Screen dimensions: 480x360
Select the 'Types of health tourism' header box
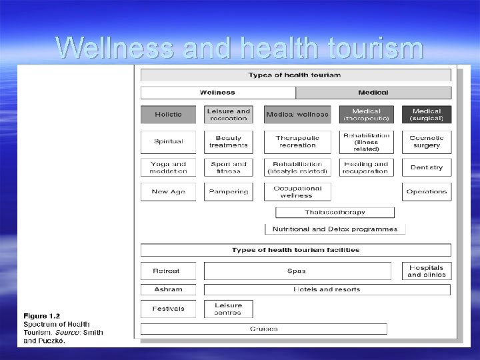pos(295,75)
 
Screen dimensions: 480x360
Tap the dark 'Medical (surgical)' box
pos(427,115)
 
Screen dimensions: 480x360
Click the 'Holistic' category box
pos(168,115)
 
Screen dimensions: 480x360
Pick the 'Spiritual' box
pos(168,141)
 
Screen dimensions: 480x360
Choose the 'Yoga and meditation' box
pos(168,167)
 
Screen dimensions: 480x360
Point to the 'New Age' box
pos(168,192)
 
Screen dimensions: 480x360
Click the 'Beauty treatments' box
pos(229,141)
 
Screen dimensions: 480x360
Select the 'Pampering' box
pos(229,192)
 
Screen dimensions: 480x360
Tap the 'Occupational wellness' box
pos(297,192)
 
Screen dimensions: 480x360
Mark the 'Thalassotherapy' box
pos(335,213)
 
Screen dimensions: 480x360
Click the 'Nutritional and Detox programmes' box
pos(335,229)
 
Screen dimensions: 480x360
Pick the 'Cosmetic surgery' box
pos(427,141)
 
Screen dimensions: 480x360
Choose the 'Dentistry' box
pos(427,167)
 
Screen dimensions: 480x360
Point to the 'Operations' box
pos(427,192)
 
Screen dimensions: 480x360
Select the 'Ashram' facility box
pos(168,290)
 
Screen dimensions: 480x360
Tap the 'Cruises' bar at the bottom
pos(264,329)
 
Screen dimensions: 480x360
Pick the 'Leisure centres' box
pos(229,309)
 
